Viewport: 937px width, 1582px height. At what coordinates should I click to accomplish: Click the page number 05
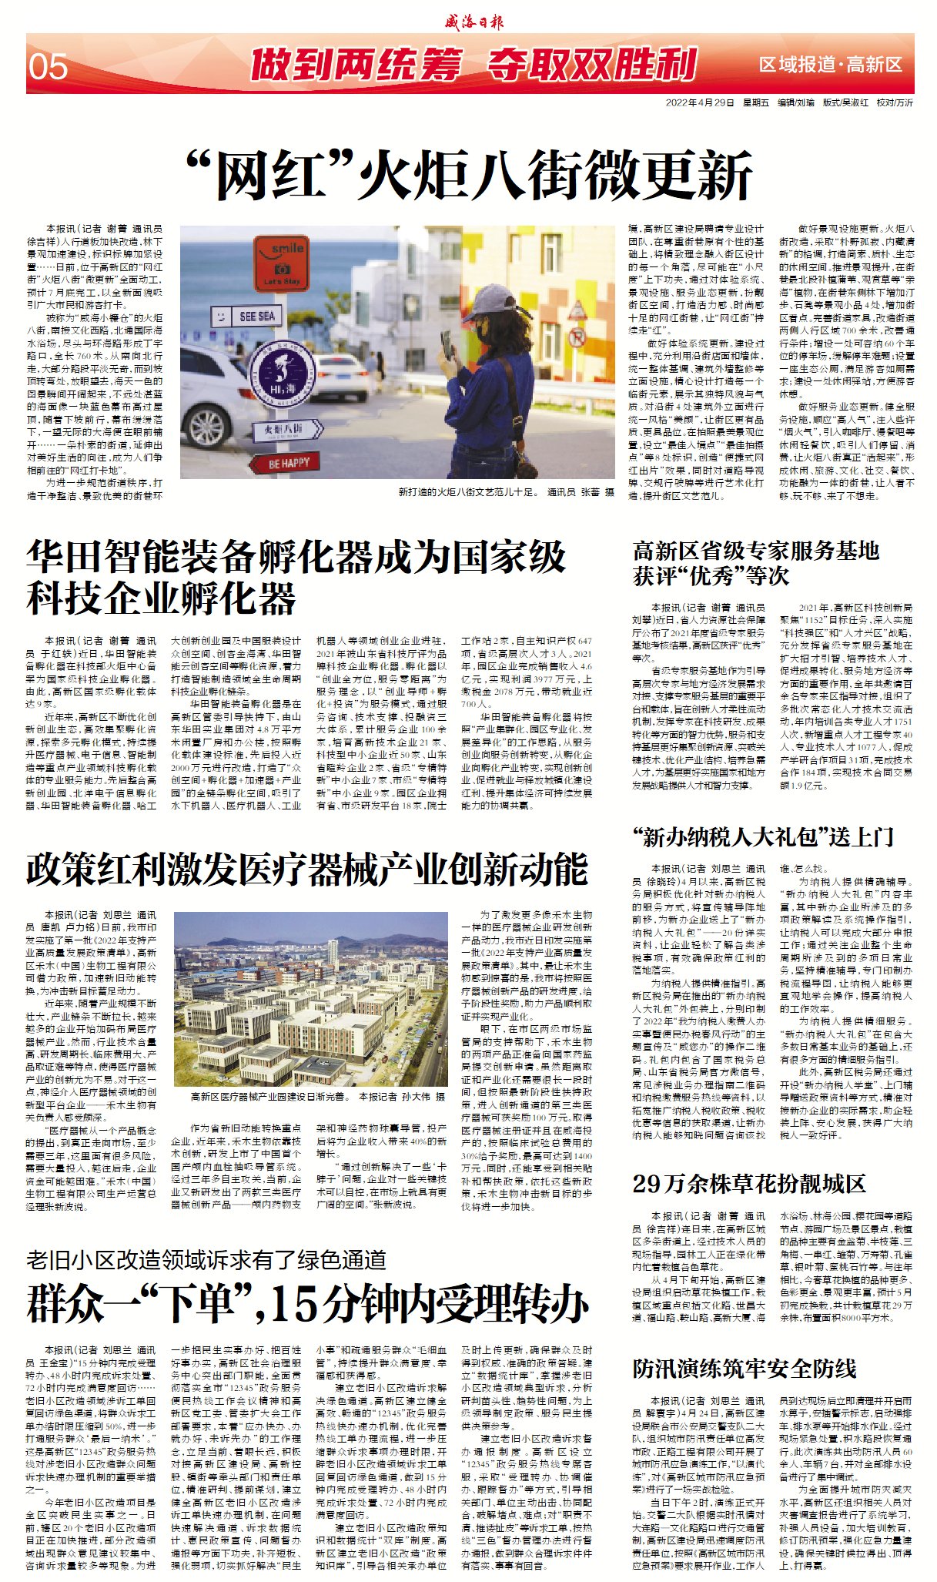(x=48, y=67)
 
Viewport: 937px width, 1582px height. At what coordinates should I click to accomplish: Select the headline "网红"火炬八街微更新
(x=469, y=176)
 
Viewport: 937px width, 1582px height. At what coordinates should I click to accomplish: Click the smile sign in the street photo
(x=283, y=261)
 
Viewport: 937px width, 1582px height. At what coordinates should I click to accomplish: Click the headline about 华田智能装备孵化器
(x=296, y=576)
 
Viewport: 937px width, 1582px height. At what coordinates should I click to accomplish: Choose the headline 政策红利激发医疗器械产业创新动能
(x=306, y=870)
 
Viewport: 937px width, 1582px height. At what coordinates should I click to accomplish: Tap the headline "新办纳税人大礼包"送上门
(x=762, y=837)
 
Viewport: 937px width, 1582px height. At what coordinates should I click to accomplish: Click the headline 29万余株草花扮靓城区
(x=748, y=1182)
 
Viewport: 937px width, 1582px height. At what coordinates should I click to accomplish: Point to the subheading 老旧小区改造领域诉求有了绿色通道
(x=206, y=1259)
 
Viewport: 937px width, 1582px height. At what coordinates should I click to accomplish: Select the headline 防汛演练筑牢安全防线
(x=744, y=1367)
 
